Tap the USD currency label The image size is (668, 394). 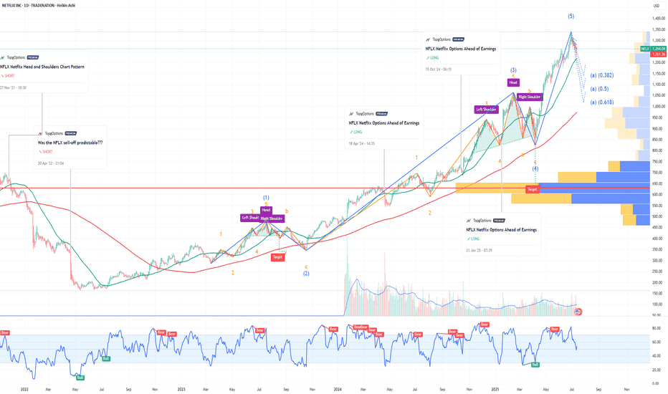(655, 7)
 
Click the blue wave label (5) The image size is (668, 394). (571, 16)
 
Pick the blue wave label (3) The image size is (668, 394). (513, 69)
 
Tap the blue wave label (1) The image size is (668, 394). (266, 198)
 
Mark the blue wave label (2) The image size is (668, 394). (306, 274)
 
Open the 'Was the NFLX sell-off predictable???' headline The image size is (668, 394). (70, 143)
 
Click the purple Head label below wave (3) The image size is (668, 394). (513, 82)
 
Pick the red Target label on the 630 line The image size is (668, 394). (532, 189)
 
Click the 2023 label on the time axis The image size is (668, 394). (181, 390)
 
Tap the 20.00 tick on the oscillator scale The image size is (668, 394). (656, 370)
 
